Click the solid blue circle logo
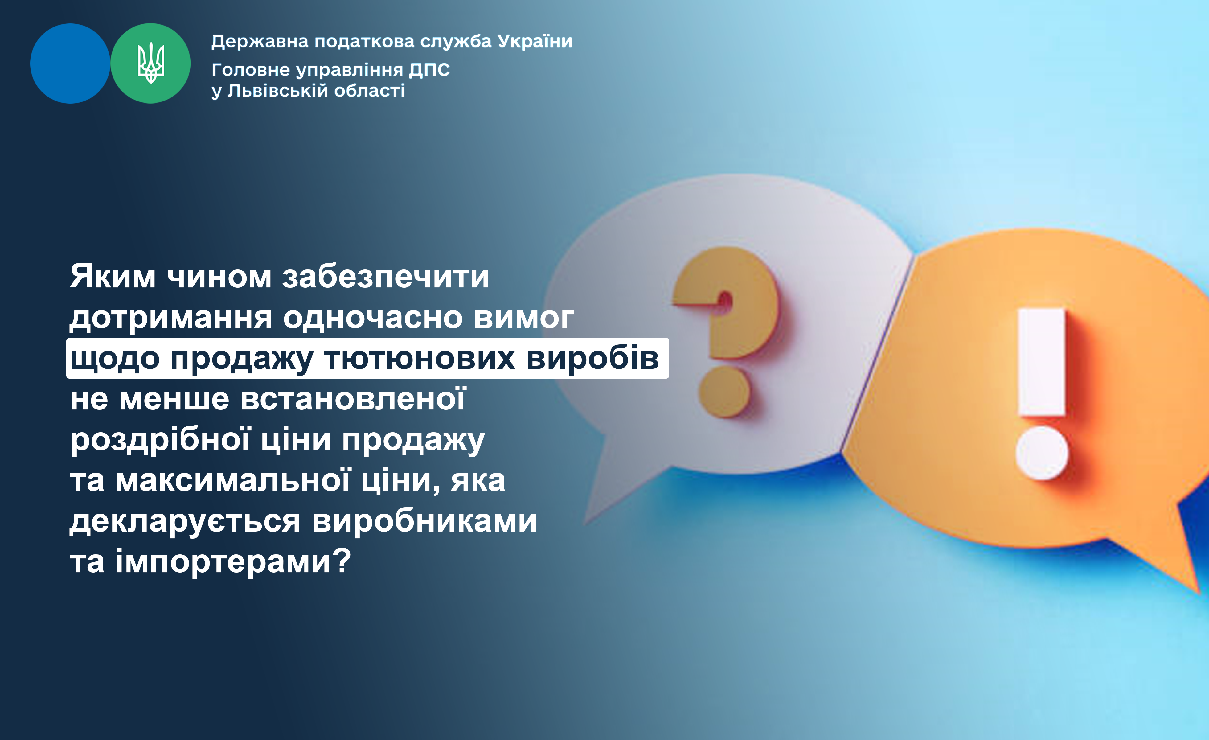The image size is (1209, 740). tap(70, 63)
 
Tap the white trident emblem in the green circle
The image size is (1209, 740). tap(151, 63)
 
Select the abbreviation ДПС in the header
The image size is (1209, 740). tap(429, 70)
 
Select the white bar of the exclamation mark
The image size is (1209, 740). tap(1042, 362)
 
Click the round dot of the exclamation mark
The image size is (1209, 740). tap(1042, 453)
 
